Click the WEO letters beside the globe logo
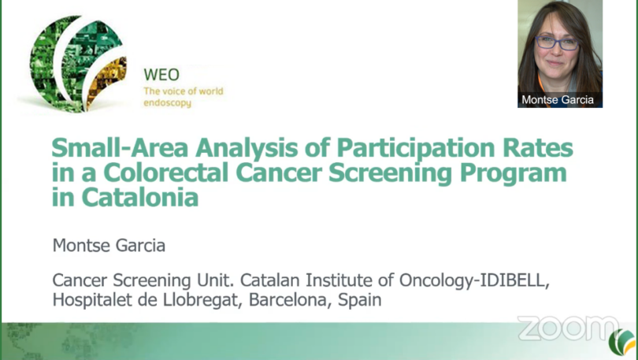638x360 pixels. click(x=161, y=75)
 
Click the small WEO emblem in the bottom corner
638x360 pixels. click(x=622, y=342)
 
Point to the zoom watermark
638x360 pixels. click(x=568, y=328)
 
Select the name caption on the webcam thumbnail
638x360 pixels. click(x=558, y=100)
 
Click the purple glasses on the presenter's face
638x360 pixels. click(x=557, y=43)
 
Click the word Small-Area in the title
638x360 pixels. click(x=120, y=147)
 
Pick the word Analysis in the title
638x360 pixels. click(x=247, y=148)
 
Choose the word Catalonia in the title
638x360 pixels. click(x=140, y=198)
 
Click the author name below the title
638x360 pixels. click(x=109, y=245)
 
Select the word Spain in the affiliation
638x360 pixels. click(x=360, y=301)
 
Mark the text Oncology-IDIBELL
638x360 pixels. click(x=474, y=280)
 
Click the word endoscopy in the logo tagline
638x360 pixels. click(x=167, y=103)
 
